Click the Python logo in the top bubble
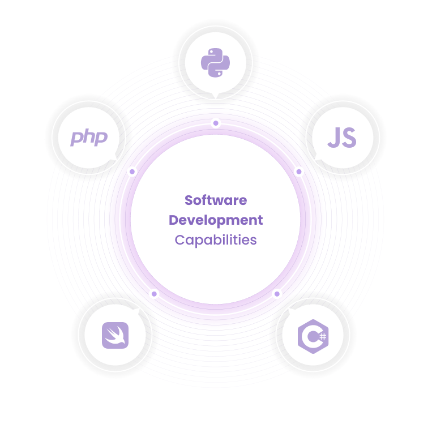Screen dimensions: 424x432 [215, 63]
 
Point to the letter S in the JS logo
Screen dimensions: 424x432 [349, 138]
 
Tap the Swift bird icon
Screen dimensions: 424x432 [115, 335]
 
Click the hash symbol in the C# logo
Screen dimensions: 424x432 [323, 336]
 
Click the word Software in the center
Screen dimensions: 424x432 [216, 200]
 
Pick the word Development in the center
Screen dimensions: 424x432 [216, 220]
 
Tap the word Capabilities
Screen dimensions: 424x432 [216, 239]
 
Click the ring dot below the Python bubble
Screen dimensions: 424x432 [215, 123]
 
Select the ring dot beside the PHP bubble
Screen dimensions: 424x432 [132, 171]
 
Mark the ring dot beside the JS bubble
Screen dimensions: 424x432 [299, 171]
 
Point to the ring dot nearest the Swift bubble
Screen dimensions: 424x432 [154, 294]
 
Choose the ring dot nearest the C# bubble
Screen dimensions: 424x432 [277, 294]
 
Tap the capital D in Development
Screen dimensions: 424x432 [174, 220]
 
